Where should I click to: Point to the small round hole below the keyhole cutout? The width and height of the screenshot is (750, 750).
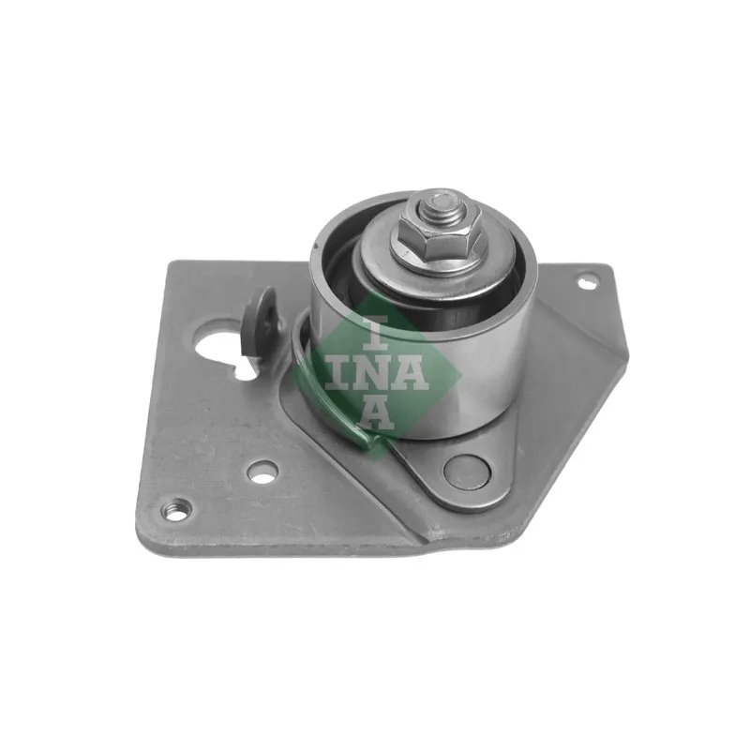pyautogui.click(x=262, y=470)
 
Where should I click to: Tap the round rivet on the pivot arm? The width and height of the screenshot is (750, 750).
pyautogui.click(x=467, y=470)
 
